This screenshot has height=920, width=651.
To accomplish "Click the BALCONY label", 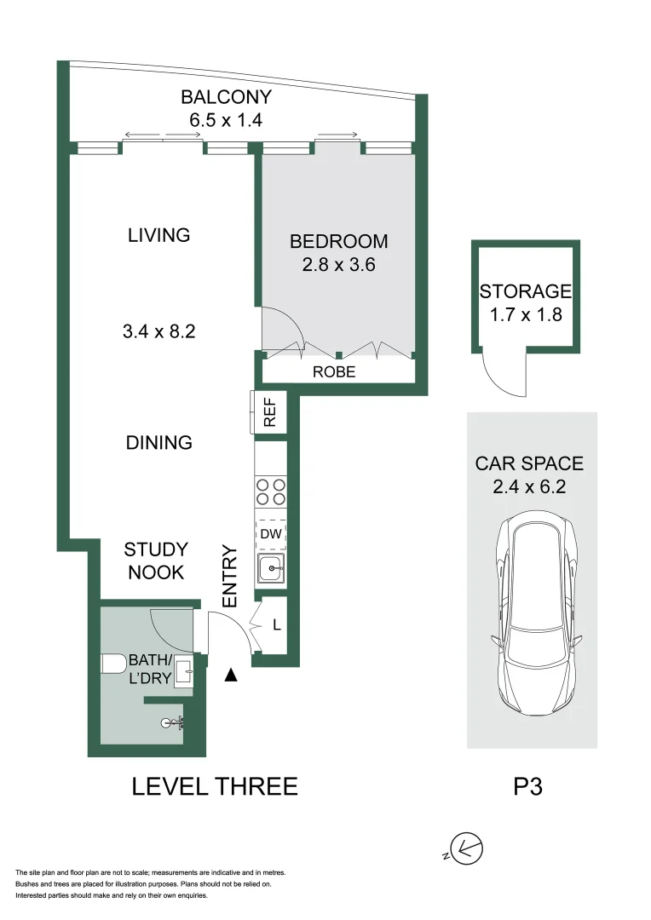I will coord(225,97).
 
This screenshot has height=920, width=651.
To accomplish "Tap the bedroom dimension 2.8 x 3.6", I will coord(338,265).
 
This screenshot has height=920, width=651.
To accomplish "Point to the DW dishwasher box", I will coord(271,534).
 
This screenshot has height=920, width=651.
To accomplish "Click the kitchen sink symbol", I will coord(271,568).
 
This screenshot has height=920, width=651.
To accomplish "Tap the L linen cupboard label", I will coord(276,624).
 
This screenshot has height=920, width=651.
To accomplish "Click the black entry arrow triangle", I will coord(229,676).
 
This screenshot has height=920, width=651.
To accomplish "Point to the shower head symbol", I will coord(172,724).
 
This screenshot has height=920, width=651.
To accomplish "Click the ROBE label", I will coord(333,372).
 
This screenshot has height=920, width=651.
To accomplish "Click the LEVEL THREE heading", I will coord(215,786).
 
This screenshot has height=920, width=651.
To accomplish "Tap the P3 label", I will coord(528,786).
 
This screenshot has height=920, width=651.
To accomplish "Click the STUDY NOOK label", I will coord(156,561).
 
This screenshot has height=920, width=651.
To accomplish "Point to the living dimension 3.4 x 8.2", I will coord(159,331).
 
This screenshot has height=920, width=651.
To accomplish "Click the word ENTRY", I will coord(229,577).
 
